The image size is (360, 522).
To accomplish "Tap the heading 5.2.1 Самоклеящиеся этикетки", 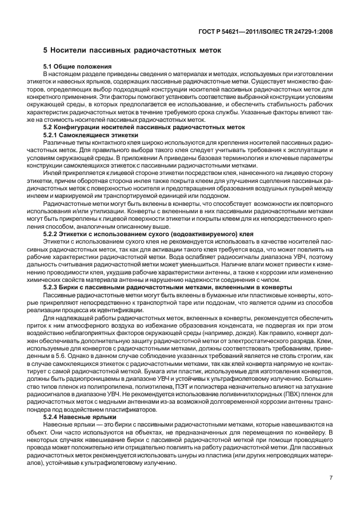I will (83, 134).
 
